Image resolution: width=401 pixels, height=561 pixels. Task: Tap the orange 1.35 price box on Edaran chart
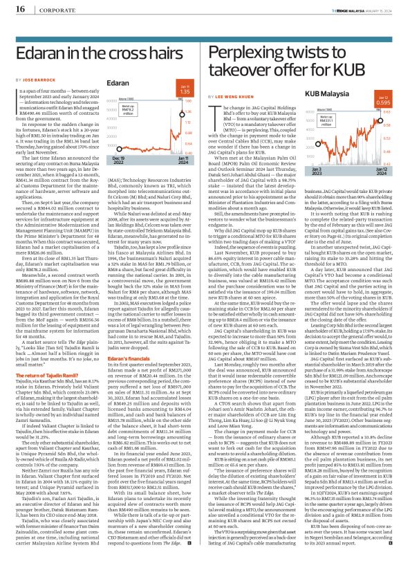tap(184, 89)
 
